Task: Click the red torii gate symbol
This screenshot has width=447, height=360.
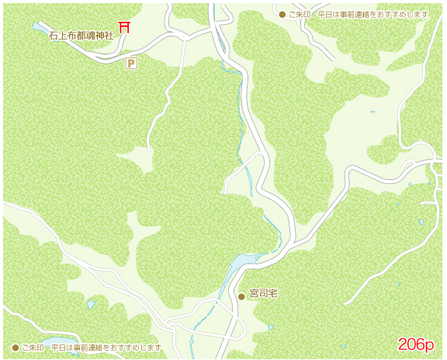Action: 123,27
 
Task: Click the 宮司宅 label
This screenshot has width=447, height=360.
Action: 263,296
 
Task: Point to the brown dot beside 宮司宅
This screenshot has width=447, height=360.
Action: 241,296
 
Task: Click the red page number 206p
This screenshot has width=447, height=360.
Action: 416,344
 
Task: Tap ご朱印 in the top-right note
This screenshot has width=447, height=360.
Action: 300,15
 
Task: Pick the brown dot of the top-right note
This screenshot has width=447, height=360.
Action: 282,15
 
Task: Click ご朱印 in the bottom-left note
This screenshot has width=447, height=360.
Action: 33,347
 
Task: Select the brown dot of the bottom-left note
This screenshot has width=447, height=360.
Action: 15,347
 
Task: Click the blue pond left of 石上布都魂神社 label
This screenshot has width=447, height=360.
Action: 39,28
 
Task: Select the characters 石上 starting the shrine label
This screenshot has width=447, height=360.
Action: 57,36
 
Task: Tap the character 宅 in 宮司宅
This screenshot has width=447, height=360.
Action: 273,296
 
